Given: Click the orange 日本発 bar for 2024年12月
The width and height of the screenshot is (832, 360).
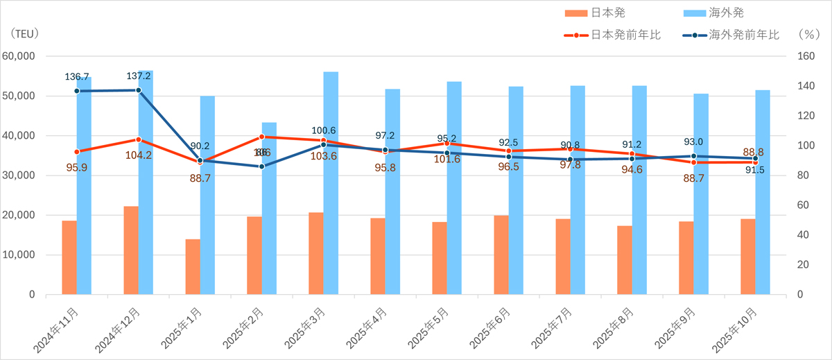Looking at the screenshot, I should (x=131, y=250).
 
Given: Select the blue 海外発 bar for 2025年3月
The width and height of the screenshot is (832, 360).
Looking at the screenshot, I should (x=331, y=183).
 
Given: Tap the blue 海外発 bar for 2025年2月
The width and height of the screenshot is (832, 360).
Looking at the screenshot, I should (x=269, y=208).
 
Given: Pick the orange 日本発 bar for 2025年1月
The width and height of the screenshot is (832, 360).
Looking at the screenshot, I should (x=193, y=267).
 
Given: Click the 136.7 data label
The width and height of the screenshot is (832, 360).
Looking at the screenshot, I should (x=76, y=76).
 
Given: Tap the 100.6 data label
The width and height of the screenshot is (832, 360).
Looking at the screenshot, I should (x=324, y=130).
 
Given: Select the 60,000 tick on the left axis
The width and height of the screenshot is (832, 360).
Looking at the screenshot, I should (x=19, y=56).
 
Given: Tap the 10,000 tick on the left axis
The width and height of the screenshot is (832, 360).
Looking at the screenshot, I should (x=19, y=255).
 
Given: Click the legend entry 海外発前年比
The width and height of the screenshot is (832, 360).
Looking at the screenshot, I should (x=744, y=33).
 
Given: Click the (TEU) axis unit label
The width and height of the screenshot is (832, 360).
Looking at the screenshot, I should (x=25, y=33).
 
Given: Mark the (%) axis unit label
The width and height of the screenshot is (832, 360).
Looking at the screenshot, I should (x=808, y=33).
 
